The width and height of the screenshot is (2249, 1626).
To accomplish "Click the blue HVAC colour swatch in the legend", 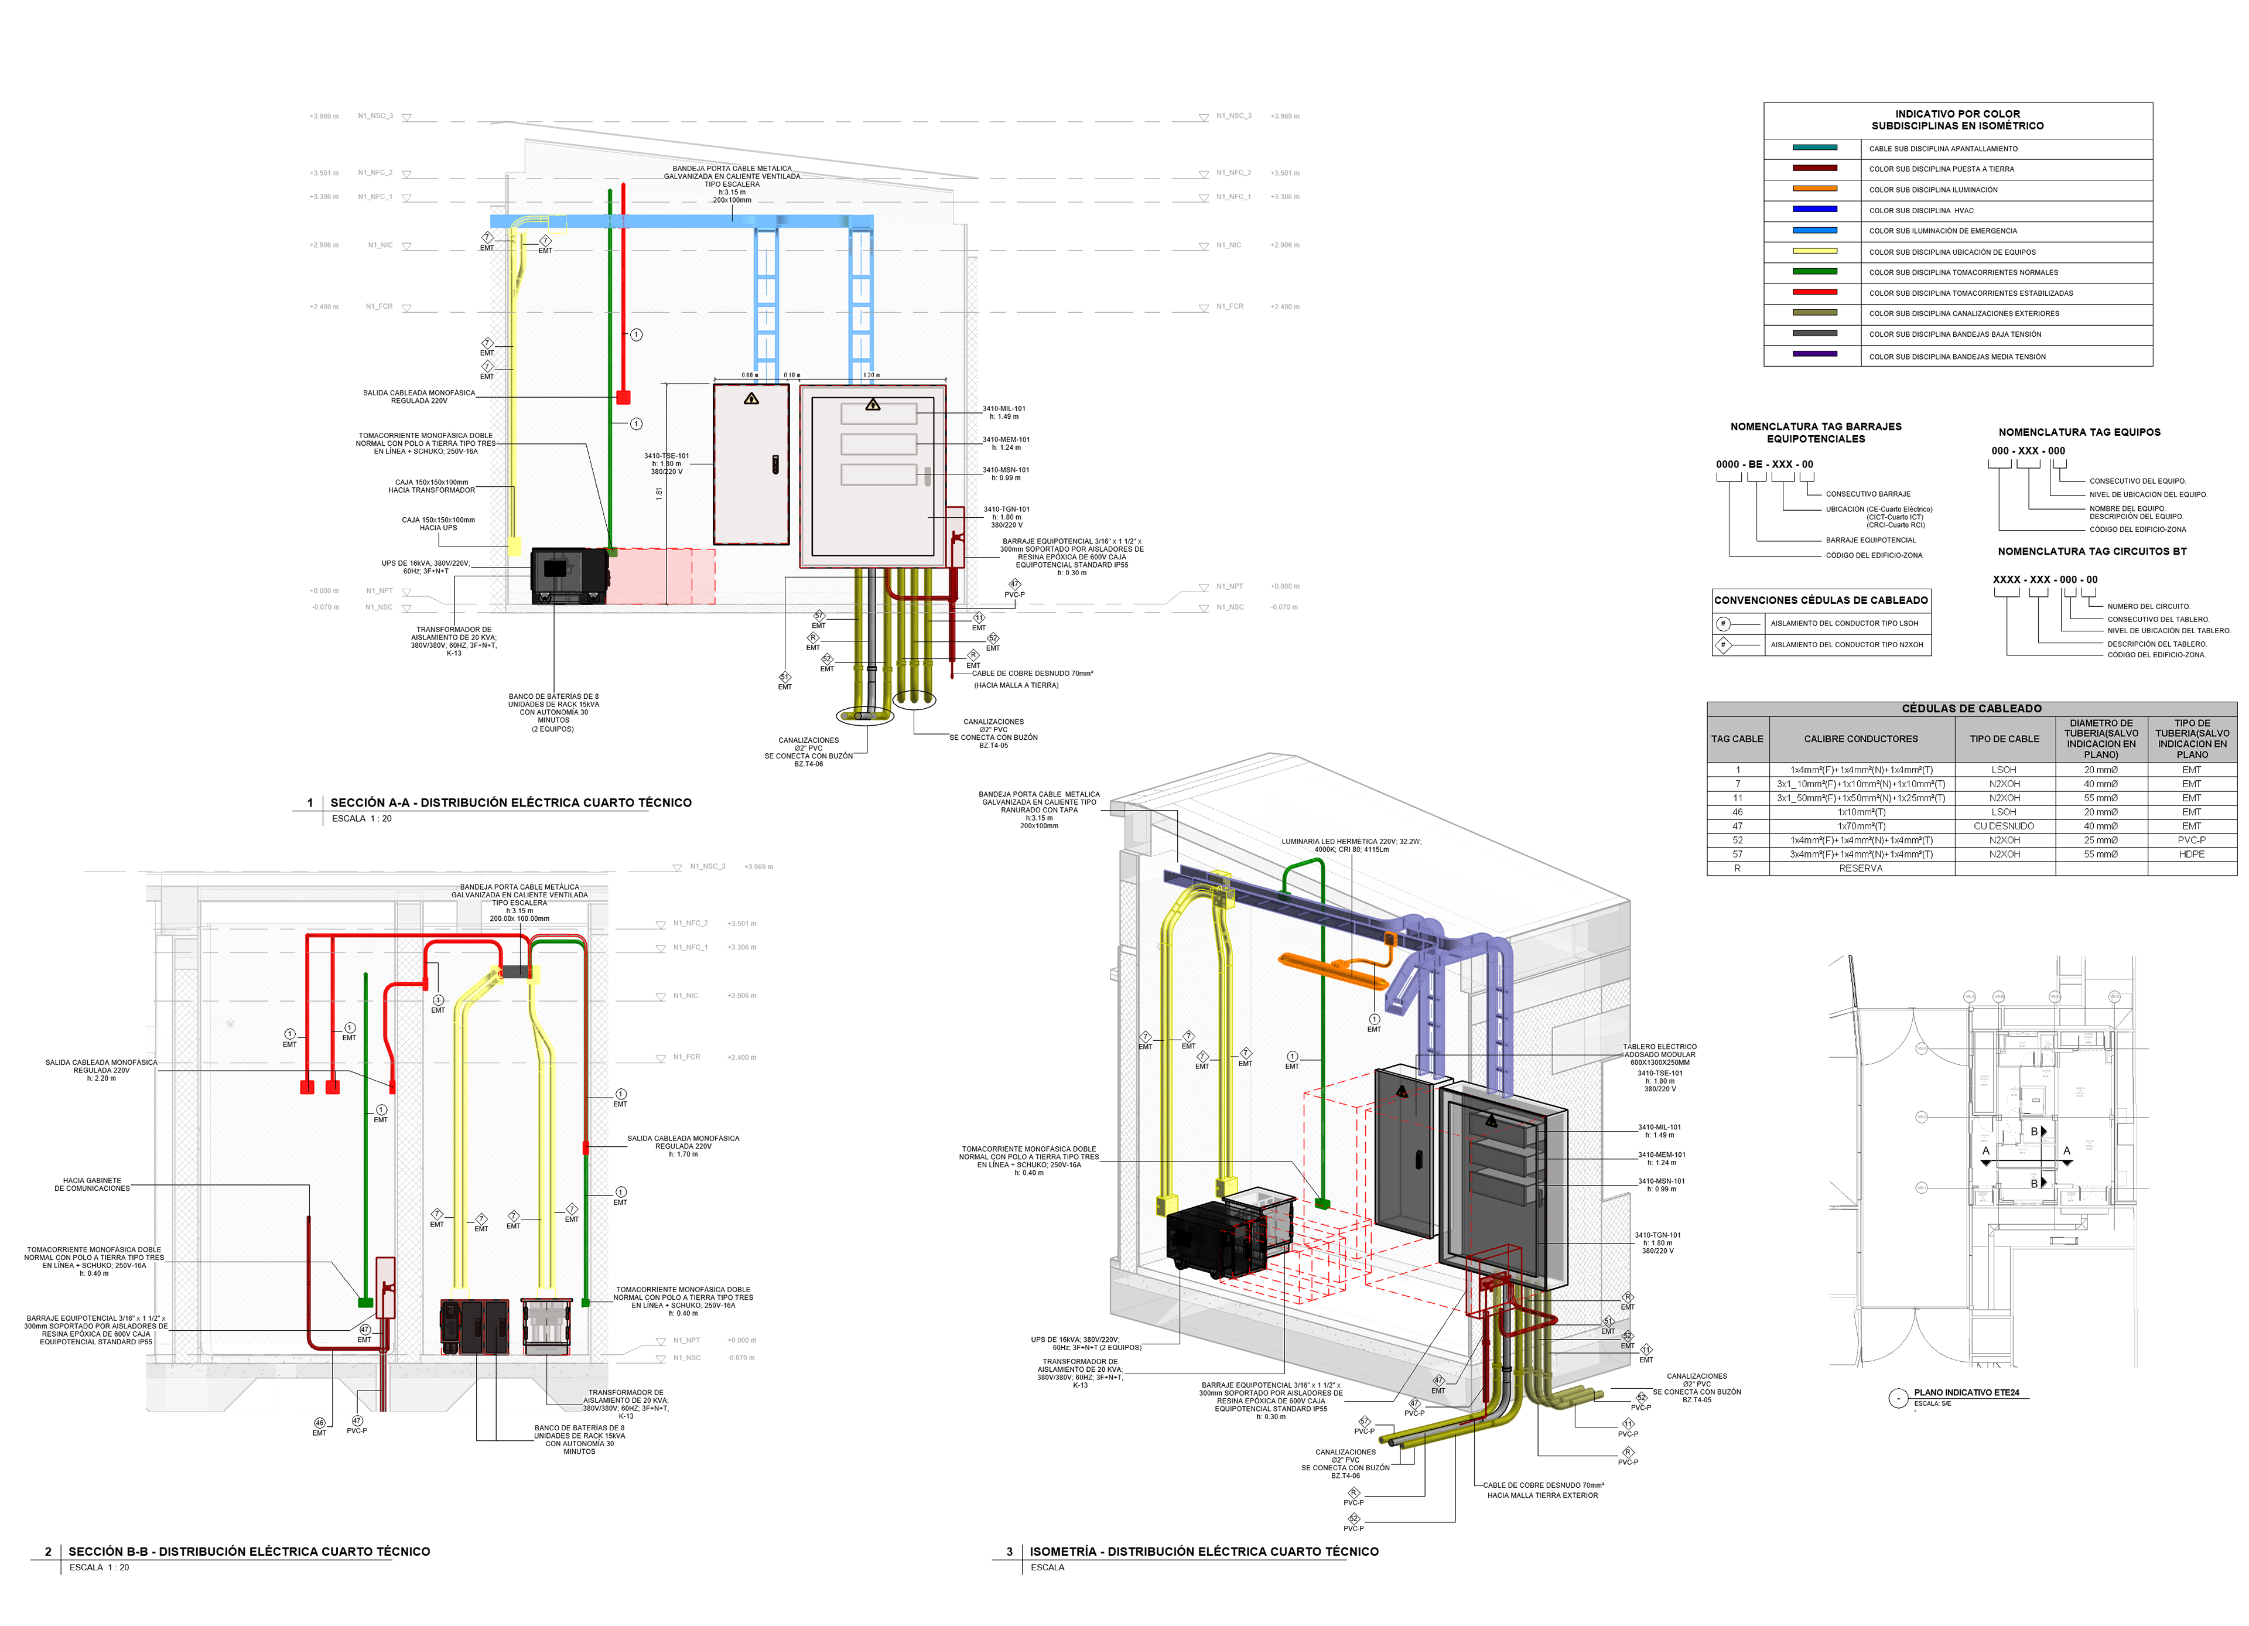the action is (x=1814, y=209).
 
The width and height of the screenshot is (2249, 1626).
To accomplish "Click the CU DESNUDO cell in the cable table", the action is (x=2003, y=826).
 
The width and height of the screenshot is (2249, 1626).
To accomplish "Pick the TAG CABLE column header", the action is (x=1737, y=739).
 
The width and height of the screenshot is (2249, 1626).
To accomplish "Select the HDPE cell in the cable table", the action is (x=2192, y=853).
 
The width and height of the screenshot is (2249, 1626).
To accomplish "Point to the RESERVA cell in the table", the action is (x=1860, y=869).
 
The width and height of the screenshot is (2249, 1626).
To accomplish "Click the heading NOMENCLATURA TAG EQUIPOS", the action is (x=2079, y=432).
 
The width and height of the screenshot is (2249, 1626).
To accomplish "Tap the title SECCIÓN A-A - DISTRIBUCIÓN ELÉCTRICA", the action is (x=511, y=802).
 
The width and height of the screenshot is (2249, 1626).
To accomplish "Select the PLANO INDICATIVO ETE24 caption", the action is (x=1966, y=1392).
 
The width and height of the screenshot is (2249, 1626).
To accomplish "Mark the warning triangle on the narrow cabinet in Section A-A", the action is (x=751, y=398).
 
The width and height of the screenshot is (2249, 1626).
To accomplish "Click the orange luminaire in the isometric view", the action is (x=1333, y=969).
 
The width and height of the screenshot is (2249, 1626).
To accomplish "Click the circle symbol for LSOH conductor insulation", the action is (x=1724, y=624).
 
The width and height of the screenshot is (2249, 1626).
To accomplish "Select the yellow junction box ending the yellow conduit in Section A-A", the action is (x=514, y=546).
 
